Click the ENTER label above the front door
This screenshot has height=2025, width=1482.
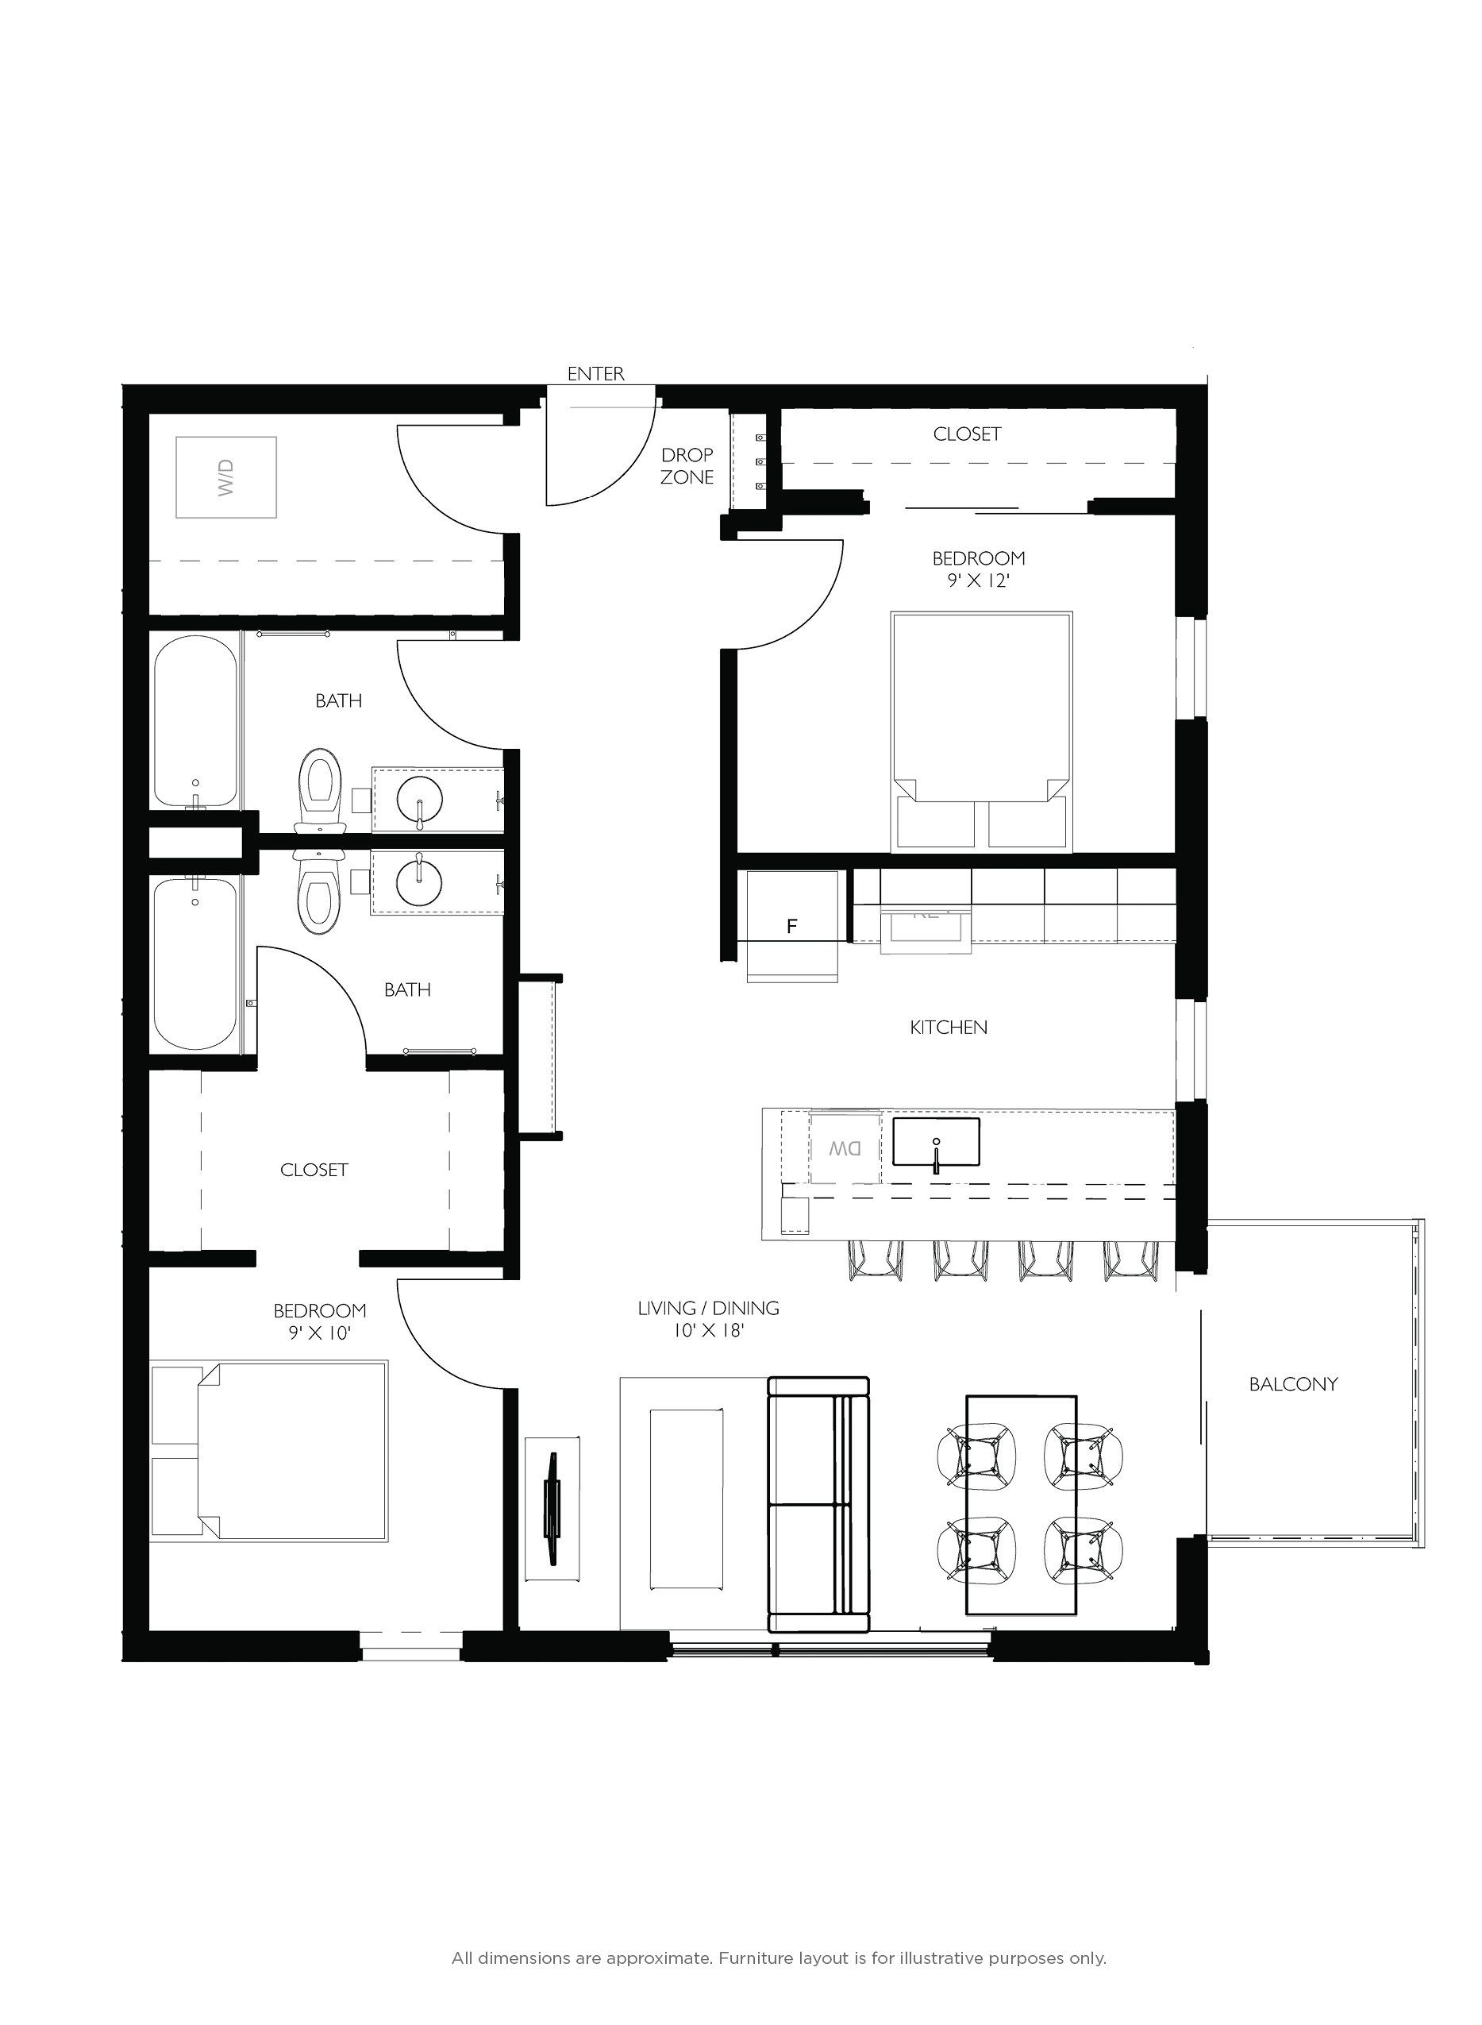point(595,374)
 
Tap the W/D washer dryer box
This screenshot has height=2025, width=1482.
point(226,477)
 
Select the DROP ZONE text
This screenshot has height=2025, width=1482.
point(687,467)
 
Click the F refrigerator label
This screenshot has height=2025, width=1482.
point(792,927)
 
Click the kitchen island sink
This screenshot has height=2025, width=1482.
point(936,1142)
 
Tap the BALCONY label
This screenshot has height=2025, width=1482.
point(1293,1384)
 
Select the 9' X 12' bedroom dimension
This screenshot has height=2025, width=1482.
point(978,580)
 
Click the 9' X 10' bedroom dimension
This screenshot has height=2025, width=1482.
point(319,1333)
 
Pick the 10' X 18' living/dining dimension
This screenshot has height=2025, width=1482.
point(709,1332)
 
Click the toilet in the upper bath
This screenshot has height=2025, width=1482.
point(322,781)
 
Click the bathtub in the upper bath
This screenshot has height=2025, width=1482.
point(195,721)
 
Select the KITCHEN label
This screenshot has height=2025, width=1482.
point(949,1028)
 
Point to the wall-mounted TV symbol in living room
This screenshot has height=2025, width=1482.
point(552,1508)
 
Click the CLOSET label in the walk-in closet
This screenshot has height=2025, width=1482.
point(314,1170)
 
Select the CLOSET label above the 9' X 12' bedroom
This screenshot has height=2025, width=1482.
point(966,434)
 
